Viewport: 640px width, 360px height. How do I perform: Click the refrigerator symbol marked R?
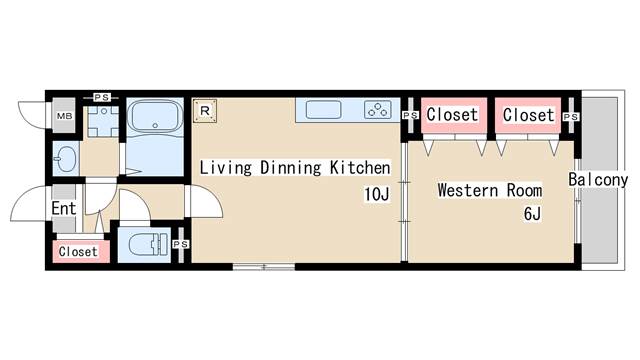pos(205,111)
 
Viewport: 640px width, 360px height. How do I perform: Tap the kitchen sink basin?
pos(323,110)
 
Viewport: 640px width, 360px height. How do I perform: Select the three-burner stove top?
pos(378,109)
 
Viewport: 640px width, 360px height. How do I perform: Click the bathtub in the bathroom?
pos(155,116)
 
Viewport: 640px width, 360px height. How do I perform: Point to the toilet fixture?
pos(149,244)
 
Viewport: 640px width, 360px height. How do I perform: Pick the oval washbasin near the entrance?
pos(65,159)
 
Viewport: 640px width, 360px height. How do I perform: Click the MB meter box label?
pos(64,116)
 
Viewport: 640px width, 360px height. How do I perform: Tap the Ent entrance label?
pos(64,209)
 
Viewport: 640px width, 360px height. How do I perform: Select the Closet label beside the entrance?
pos(78,251)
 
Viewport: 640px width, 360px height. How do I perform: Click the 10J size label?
pos(377,194)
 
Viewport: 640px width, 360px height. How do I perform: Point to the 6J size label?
pos(532,213)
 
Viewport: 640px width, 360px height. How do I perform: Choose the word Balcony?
pos(598,180)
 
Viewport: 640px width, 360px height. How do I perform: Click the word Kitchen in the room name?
pos(360,168)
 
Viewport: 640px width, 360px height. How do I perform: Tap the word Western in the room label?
pos(468,191)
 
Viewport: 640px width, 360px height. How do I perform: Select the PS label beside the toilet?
pos(180,244)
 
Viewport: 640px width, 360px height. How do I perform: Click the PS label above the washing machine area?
pos(101,98)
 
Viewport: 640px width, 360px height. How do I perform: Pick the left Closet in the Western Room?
pos(452,115)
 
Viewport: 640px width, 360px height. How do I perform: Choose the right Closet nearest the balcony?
pos(528,115)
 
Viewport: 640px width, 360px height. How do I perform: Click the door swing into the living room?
pos(203,201)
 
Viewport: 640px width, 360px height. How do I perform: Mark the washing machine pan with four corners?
pos(103,121)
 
